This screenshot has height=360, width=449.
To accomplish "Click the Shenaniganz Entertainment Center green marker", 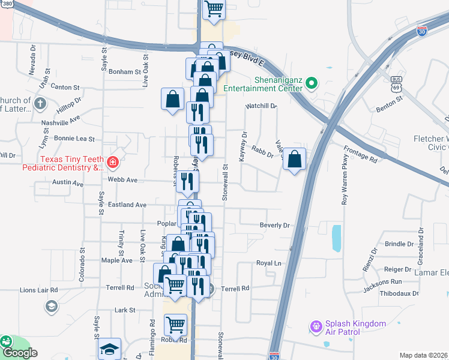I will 311,83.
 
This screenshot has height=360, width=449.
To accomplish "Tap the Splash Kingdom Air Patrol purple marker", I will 316,326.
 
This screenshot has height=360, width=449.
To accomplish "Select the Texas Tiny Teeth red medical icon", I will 112,161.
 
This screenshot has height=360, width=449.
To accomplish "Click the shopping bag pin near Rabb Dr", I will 294,160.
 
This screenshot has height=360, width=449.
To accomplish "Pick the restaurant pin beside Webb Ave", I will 187,181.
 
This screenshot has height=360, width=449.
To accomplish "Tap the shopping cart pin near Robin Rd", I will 175,325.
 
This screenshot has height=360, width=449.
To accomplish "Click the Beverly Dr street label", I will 274,226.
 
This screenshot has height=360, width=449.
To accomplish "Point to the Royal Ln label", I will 269,263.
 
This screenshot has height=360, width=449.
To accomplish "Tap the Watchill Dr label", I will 261,106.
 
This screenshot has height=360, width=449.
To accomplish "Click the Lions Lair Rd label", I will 38,290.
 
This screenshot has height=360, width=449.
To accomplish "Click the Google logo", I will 20,353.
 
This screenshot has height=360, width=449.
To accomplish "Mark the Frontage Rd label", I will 360,155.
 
